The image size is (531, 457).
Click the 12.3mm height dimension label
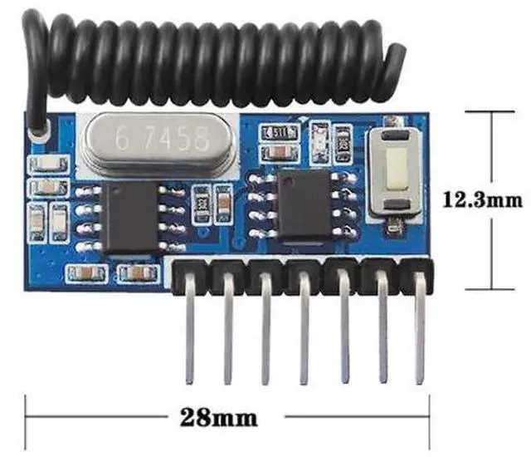point(484,199)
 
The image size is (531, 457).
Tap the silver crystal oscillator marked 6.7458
point(162,139)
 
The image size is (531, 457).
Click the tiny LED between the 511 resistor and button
point(319,131)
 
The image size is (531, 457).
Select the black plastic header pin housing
point(303,275)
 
